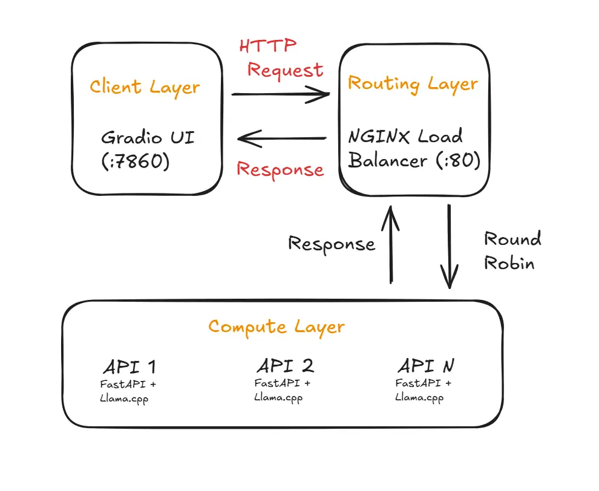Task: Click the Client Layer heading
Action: click(x=145, y=87)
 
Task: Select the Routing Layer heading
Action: click(x=413, y=83)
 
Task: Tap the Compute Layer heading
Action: click(x=277, y=327)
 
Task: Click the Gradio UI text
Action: click(x=148, y=137)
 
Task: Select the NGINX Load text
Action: click(x=405, y=136)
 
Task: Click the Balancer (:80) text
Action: click(x=414, y=161)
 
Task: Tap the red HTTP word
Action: click(x=268, y=46)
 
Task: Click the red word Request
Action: click(x=285, y=70)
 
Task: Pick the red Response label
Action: click(x=280, y=169)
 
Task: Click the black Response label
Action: click(x=332, y=244)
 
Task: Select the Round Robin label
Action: click(x=512, y=251)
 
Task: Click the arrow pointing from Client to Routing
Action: click(x=280, y=94)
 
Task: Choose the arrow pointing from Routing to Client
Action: click(x=282, y=139)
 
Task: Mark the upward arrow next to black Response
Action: click(x=391, y=244)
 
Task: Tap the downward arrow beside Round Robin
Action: click(x=449, y=247)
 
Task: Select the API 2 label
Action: click(x=285, y=365)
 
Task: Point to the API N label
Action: click(x=426, y=365)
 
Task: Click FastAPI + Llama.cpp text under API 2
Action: click(x=282, y=390)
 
